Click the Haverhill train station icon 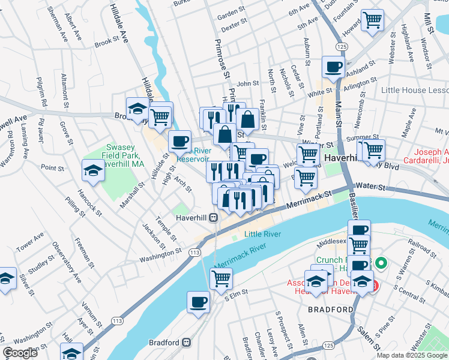pos(213,218)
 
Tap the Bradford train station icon pos(187,343)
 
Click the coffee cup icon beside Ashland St pos(333,67)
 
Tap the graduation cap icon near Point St pos(93,171)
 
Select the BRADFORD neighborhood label pos(330,310)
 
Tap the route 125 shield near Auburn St pos(342,46)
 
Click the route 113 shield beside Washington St pos(194,253)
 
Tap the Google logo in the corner pos(20,353)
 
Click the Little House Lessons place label pos(415,90)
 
